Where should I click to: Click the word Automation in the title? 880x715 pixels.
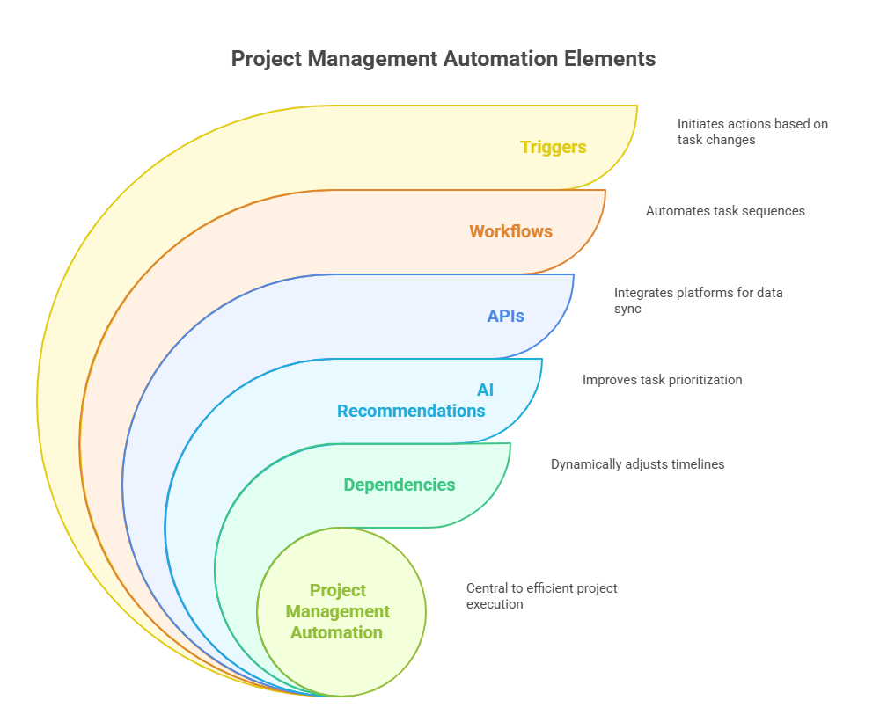502,59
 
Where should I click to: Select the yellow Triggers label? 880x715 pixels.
553,147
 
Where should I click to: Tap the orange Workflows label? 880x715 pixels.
510,231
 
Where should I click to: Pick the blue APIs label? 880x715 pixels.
505,316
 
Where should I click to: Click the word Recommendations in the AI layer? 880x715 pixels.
411,411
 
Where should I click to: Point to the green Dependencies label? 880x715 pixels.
400,485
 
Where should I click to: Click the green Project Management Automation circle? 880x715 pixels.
341,611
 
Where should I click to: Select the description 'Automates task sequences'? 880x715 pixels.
725,211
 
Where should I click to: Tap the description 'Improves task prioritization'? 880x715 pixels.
662,380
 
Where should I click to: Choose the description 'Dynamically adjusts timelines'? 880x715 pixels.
637,463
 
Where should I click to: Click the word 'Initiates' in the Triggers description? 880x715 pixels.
702,124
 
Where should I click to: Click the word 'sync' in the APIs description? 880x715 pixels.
628,310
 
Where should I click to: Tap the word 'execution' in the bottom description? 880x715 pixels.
495,604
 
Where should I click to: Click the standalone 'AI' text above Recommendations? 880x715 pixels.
485,390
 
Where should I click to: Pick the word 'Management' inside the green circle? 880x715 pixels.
338,611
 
